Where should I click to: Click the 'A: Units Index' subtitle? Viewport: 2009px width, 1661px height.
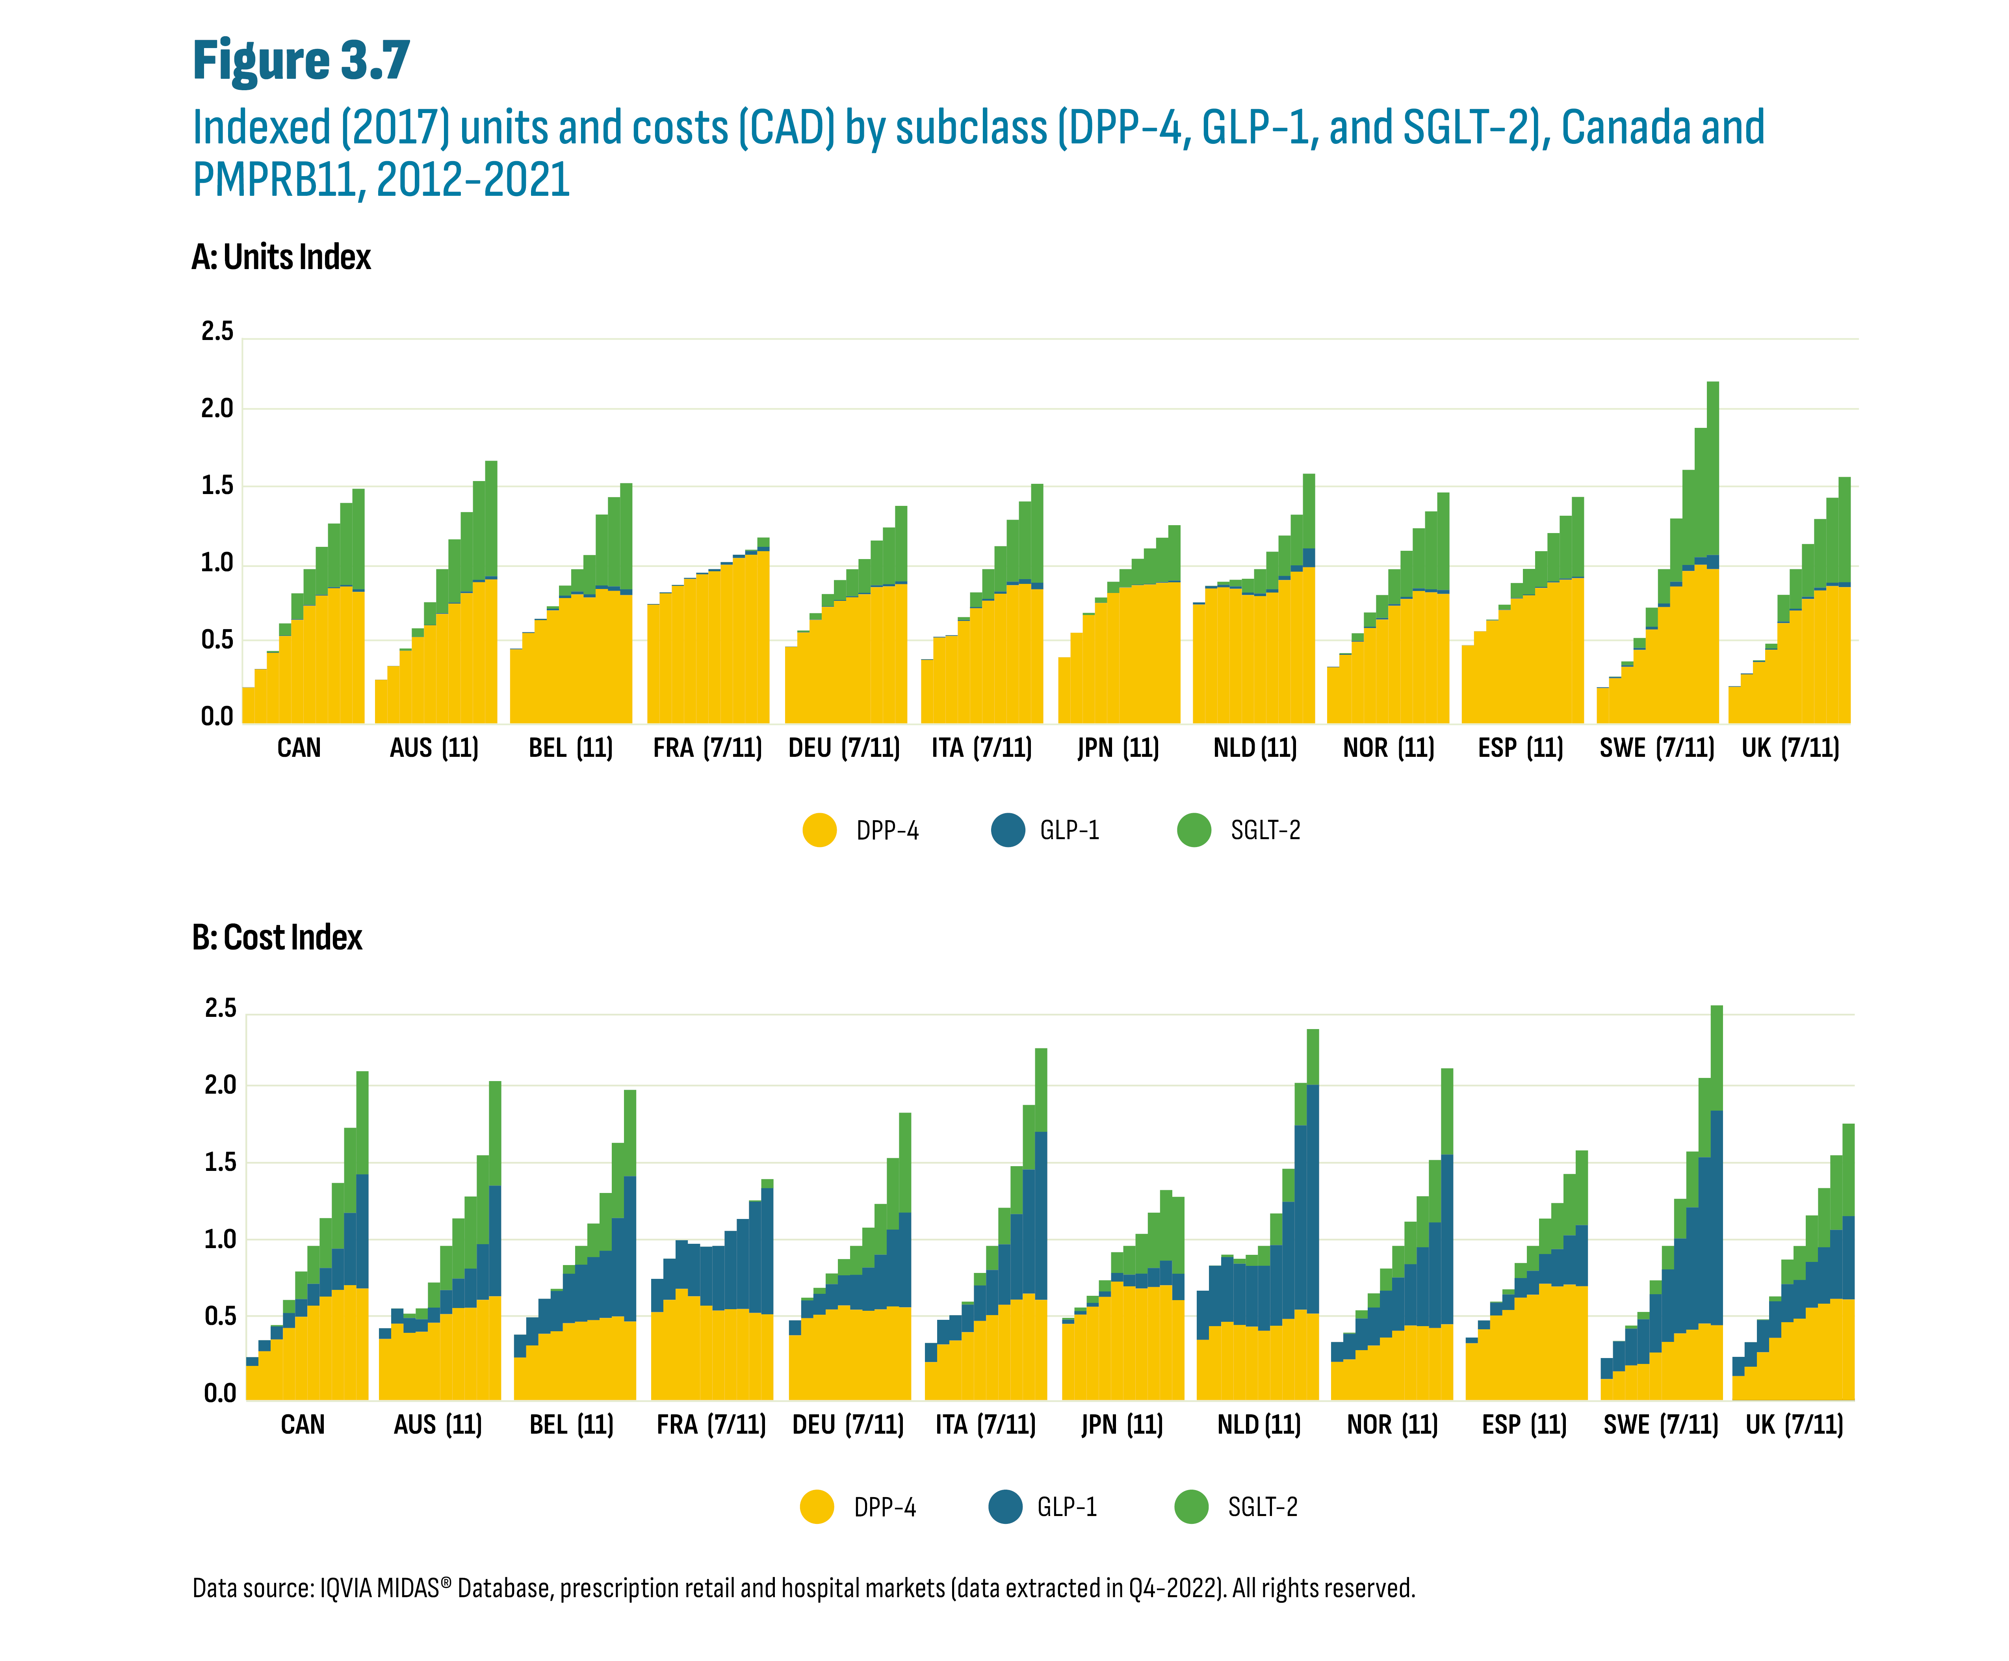tap(281, 257)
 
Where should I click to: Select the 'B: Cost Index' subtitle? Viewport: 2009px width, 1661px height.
tap(277, 938)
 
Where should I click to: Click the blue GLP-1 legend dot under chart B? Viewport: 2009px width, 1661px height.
tap(1005, 1507)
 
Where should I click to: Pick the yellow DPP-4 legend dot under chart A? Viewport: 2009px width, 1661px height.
tap(819, 830)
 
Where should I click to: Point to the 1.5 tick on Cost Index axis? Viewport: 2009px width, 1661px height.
tap(220, 1163)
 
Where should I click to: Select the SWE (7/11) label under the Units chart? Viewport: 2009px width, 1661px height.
tap(1657, 748)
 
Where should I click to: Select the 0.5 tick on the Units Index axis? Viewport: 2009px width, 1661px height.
tap(217, 640)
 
